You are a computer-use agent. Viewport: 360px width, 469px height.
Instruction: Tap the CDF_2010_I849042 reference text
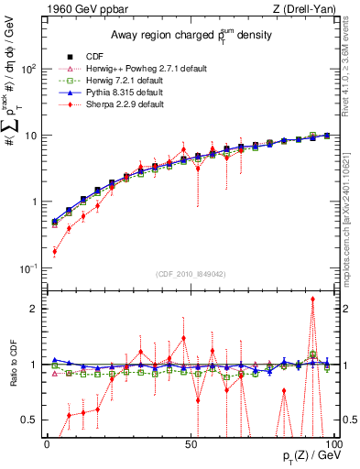point(190,274)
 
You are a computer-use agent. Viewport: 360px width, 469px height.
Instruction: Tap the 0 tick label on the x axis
point(47,442)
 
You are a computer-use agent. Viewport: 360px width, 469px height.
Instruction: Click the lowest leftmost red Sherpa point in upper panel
point(54,251)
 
